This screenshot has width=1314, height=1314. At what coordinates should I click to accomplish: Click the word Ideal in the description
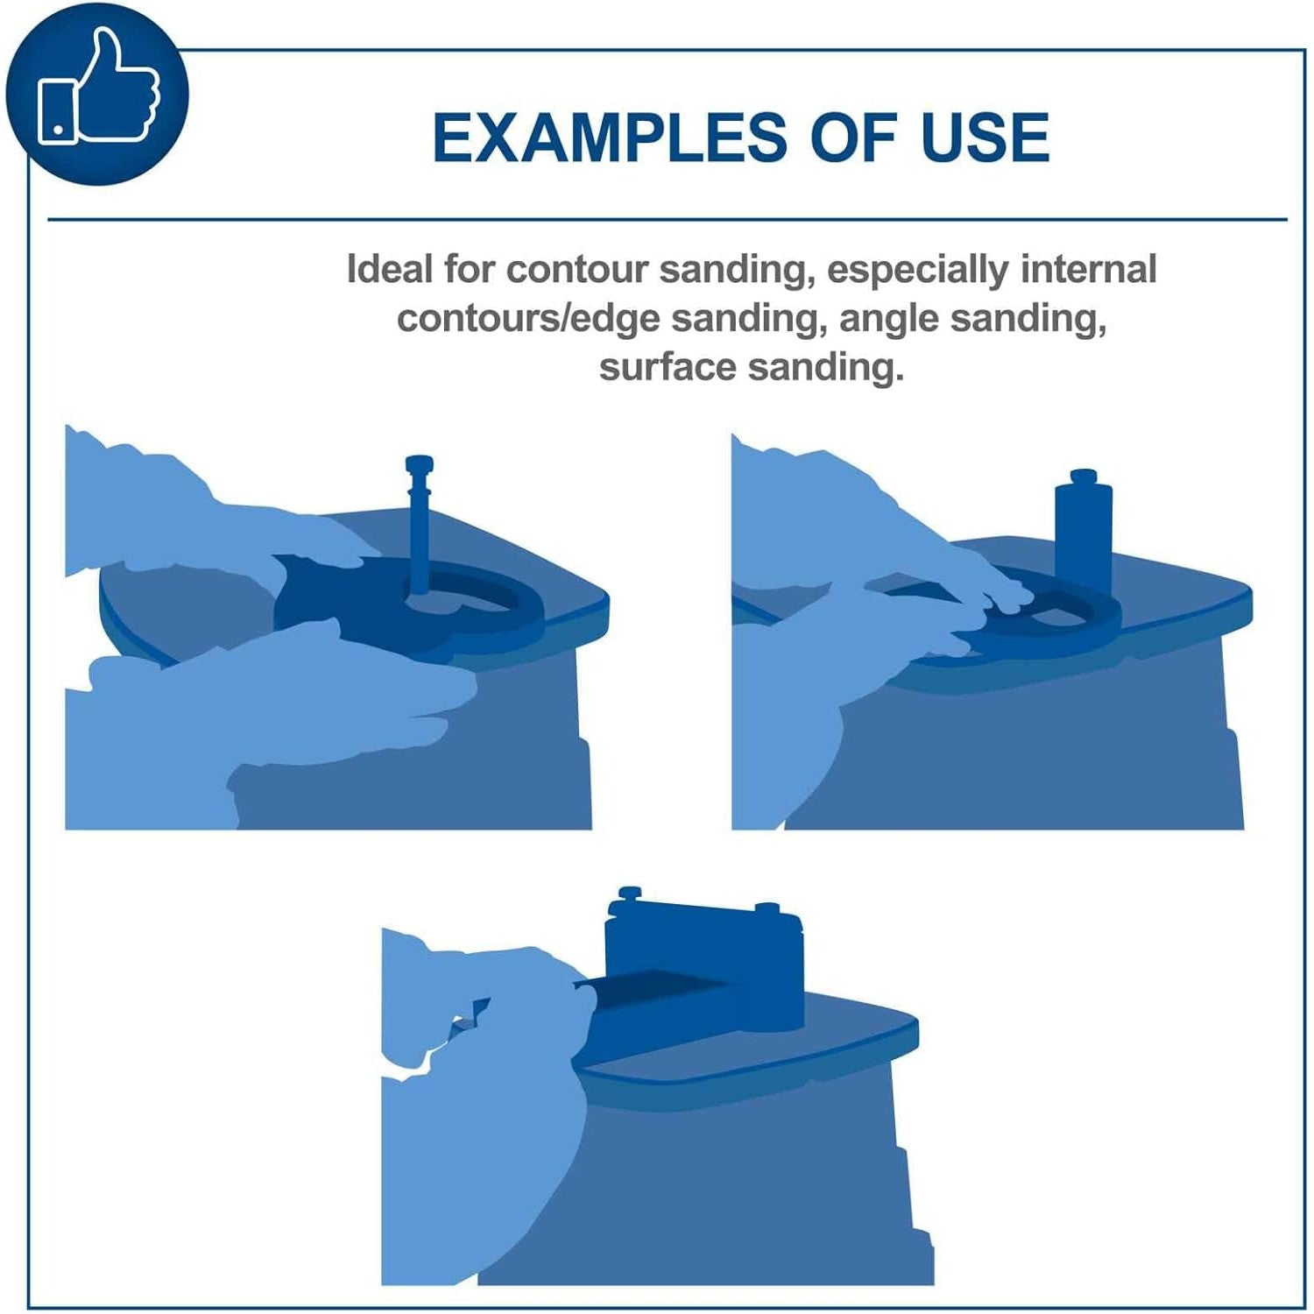pos(389,269)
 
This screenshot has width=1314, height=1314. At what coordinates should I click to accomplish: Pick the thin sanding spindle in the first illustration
pos(419,526)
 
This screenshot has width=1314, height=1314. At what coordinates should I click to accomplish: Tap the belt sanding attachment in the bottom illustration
pos(703,964)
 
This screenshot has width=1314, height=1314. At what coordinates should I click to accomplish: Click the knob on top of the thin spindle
pos(419,464)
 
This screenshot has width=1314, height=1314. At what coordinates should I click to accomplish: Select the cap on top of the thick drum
pos(1084,477)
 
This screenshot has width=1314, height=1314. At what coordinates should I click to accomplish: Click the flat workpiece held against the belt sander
pos(666,990)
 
